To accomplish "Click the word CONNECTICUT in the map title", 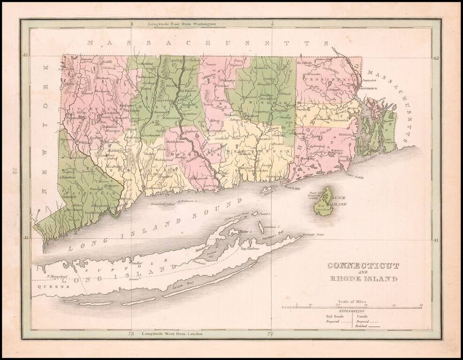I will point(363,266).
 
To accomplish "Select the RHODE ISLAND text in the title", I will point(363,279).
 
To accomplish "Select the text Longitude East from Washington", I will point(182,23).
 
